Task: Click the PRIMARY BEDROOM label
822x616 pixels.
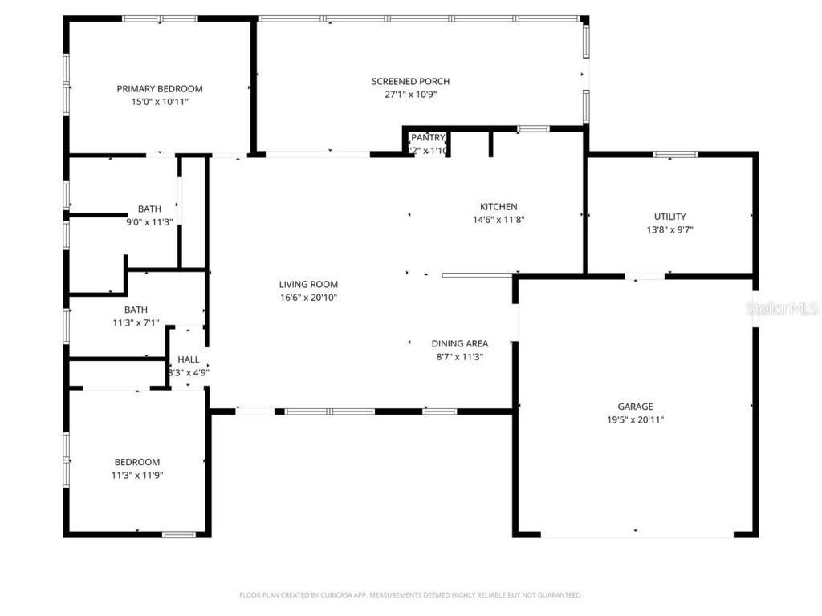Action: coord(159,89)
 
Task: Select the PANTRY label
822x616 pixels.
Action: coord(428,138)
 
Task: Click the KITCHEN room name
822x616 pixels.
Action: coord(498,207)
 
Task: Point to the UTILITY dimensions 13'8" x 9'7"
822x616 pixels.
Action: coord(669,229)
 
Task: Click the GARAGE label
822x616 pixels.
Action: coord(635,407)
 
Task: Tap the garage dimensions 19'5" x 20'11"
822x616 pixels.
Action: coord(635,419)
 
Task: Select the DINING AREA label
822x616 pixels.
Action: coord(459,344)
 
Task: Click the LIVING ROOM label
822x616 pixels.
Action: coord(308,284)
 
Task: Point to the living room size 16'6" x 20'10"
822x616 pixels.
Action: coord(308,298)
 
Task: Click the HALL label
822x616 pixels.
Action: coord(189,359)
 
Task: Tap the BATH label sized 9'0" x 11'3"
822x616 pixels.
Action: coord(149,209)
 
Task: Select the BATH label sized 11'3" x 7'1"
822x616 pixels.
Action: coord(136,310)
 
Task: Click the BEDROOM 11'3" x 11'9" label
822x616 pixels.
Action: coord(136,462)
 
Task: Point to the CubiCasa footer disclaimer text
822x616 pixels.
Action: coord(410,595)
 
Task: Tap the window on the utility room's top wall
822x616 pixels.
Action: coord(675,154)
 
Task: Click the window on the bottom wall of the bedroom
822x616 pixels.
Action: coord(178,534)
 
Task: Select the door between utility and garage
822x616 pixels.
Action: coord(645,277)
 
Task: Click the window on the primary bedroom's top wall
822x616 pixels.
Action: coord(160,18)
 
